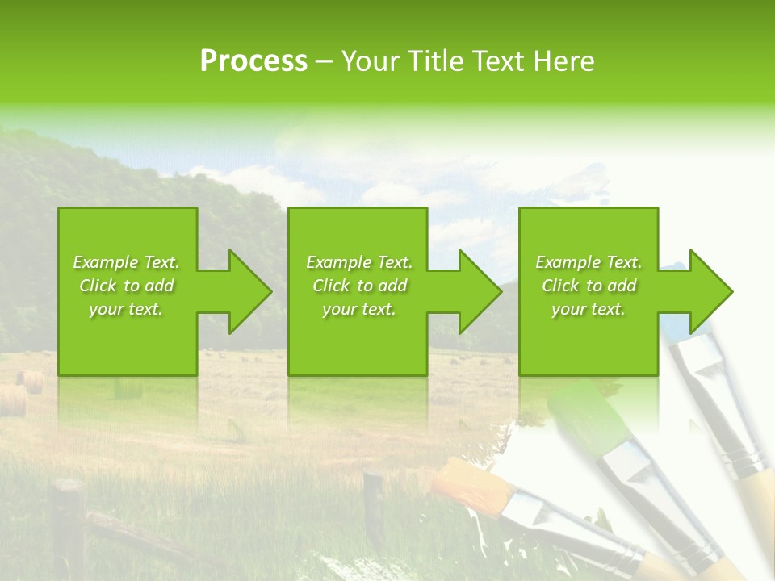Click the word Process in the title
[253, 61]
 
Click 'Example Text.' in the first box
[126, 262]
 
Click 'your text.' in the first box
[126, 309]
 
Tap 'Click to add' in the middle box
[359, 286]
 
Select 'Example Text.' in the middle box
[359, 262]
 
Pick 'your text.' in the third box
[589, 309]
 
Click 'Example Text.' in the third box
[589, 262]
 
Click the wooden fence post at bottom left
[69, 525]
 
